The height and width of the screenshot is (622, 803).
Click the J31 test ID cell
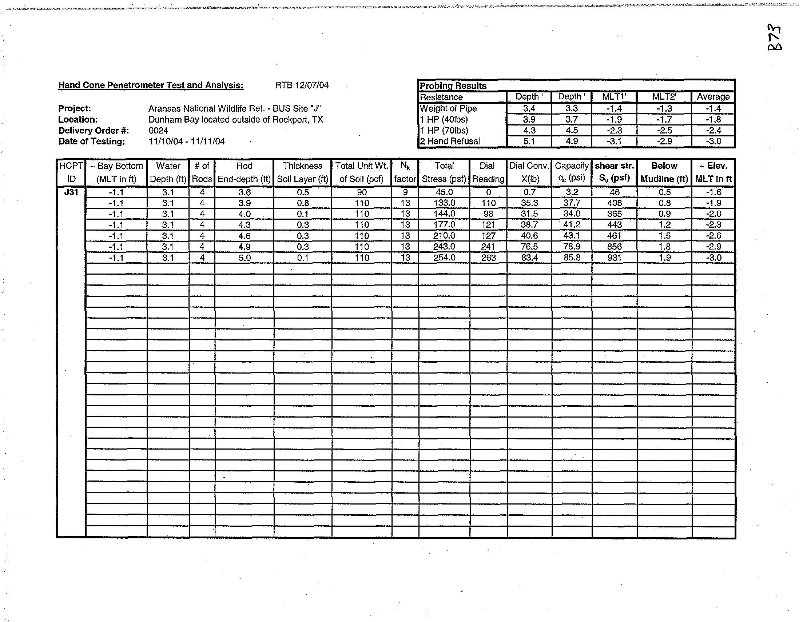(71, 192)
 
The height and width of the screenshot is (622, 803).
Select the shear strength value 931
(614, 258)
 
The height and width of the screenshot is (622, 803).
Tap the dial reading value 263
(488, 258)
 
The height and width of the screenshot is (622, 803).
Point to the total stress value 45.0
(444, 192)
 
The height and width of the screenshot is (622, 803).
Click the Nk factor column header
(405, 172)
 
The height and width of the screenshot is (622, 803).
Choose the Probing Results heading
(453, 86)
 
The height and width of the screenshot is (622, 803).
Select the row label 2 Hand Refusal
(450, 141)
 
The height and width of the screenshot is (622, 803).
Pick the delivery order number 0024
(159, 131)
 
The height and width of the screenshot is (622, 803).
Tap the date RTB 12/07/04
(302, 85)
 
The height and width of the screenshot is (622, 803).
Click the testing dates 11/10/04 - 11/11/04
(186, 141)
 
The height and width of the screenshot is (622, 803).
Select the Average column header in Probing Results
(713, 97)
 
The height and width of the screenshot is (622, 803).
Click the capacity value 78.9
(571, 247)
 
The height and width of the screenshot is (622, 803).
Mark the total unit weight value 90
(361, 192)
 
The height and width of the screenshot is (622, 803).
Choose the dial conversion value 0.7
(529, 192)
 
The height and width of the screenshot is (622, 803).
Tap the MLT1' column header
(614, 97)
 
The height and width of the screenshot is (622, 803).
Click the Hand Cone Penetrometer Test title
(151, 85)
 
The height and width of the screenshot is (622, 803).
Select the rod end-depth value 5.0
(244, 258)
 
